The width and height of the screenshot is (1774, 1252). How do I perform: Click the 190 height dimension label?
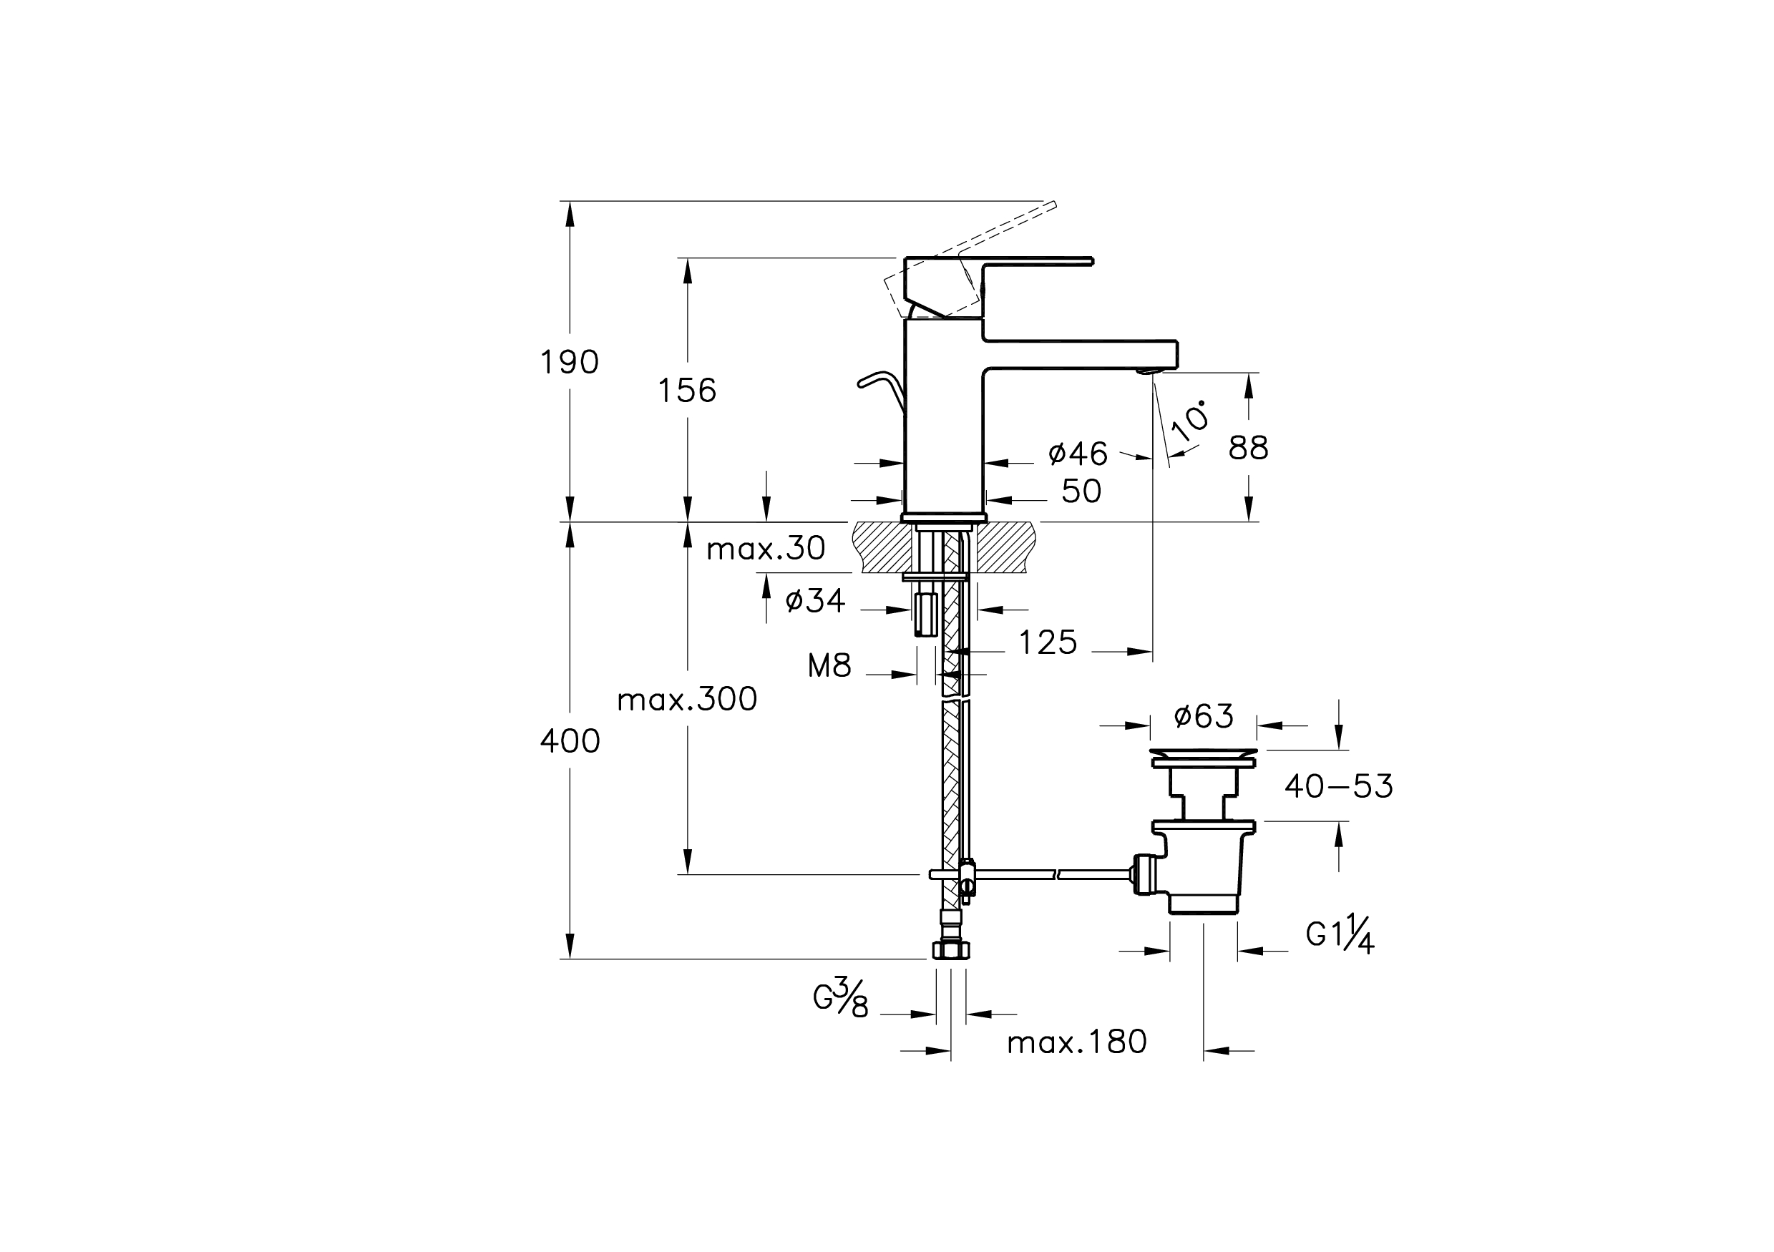tap(570, 362)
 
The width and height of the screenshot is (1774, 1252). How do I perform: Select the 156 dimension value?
tap(687, 391)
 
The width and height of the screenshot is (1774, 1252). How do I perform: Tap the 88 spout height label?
tap(1249, 448)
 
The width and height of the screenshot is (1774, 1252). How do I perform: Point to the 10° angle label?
tap(1190, 420)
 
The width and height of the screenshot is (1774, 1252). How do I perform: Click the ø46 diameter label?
tap(1078, 454)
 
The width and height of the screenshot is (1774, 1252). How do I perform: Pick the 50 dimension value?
tap(1081, 491)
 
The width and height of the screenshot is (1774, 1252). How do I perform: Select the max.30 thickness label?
tap(766, 549)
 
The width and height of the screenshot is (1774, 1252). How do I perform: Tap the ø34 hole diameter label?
tap(815, 600)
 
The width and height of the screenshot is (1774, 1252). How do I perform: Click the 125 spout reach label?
tap(1048, 642)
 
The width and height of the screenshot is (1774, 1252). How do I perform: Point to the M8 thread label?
tap(829, 666)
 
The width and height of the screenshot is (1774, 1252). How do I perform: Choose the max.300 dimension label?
tap(687, 699)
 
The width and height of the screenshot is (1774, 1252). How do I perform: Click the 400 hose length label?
tap(570, 741)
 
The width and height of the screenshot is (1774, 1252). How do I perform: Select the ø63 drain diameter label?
tap(1203, 717)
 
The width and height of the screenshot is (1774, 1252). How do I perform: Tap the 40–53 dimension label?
tap(1338, 786)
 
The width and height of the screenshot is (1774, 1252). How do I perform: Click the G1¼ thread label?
tap(1340, 934)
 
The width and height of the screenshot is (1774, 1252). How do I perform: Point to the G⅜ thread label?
tap(841, 997)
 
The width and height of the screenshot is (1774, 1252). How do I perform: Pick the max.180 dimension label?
tap(1076, 1042)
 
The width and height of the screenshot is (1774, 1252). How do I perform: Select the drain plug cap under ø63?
tap(1203, 753)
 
